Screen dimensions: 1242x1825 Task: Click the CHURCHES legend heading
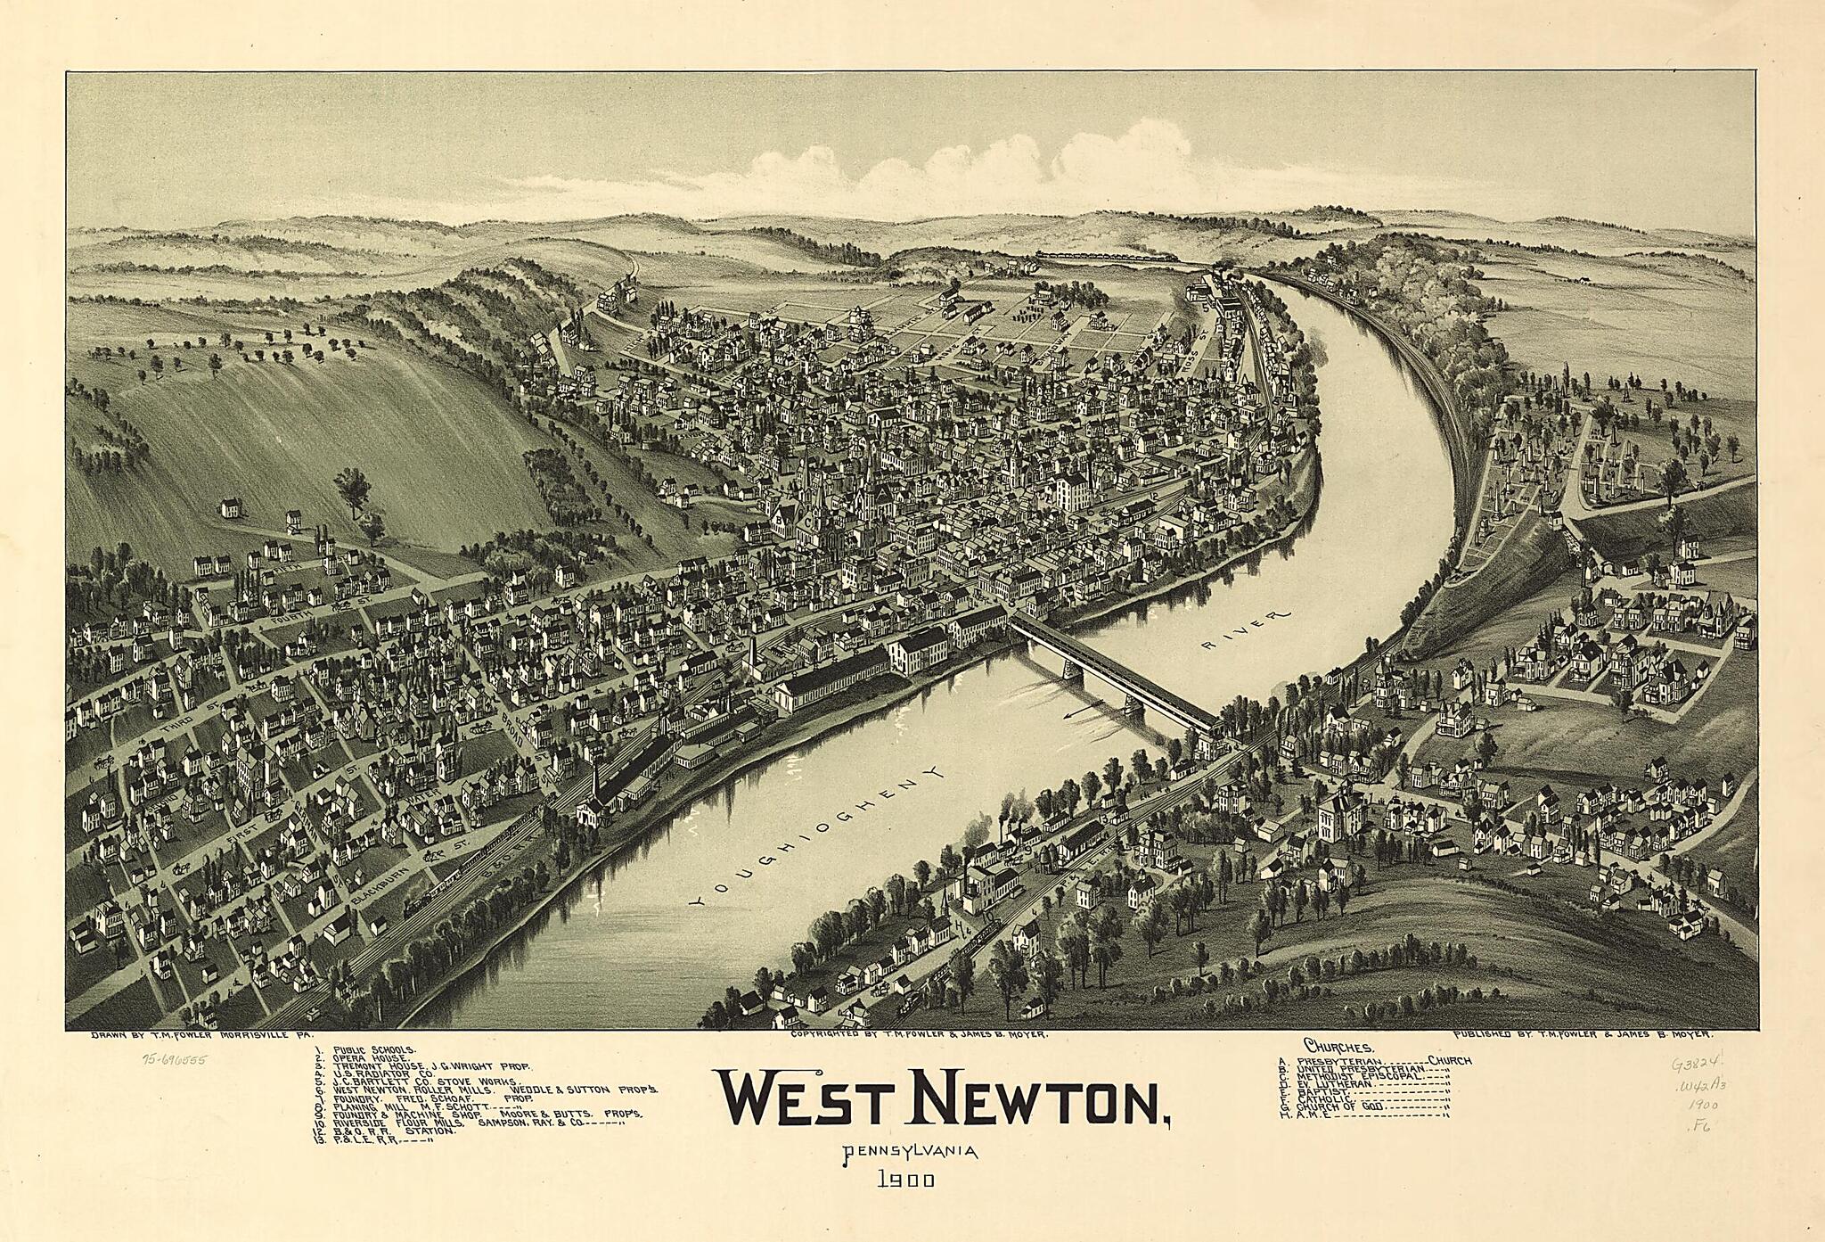[x=1338, y=1045]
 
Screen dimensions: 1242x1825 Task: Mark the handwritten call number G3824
[x=1690, y=1064]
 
